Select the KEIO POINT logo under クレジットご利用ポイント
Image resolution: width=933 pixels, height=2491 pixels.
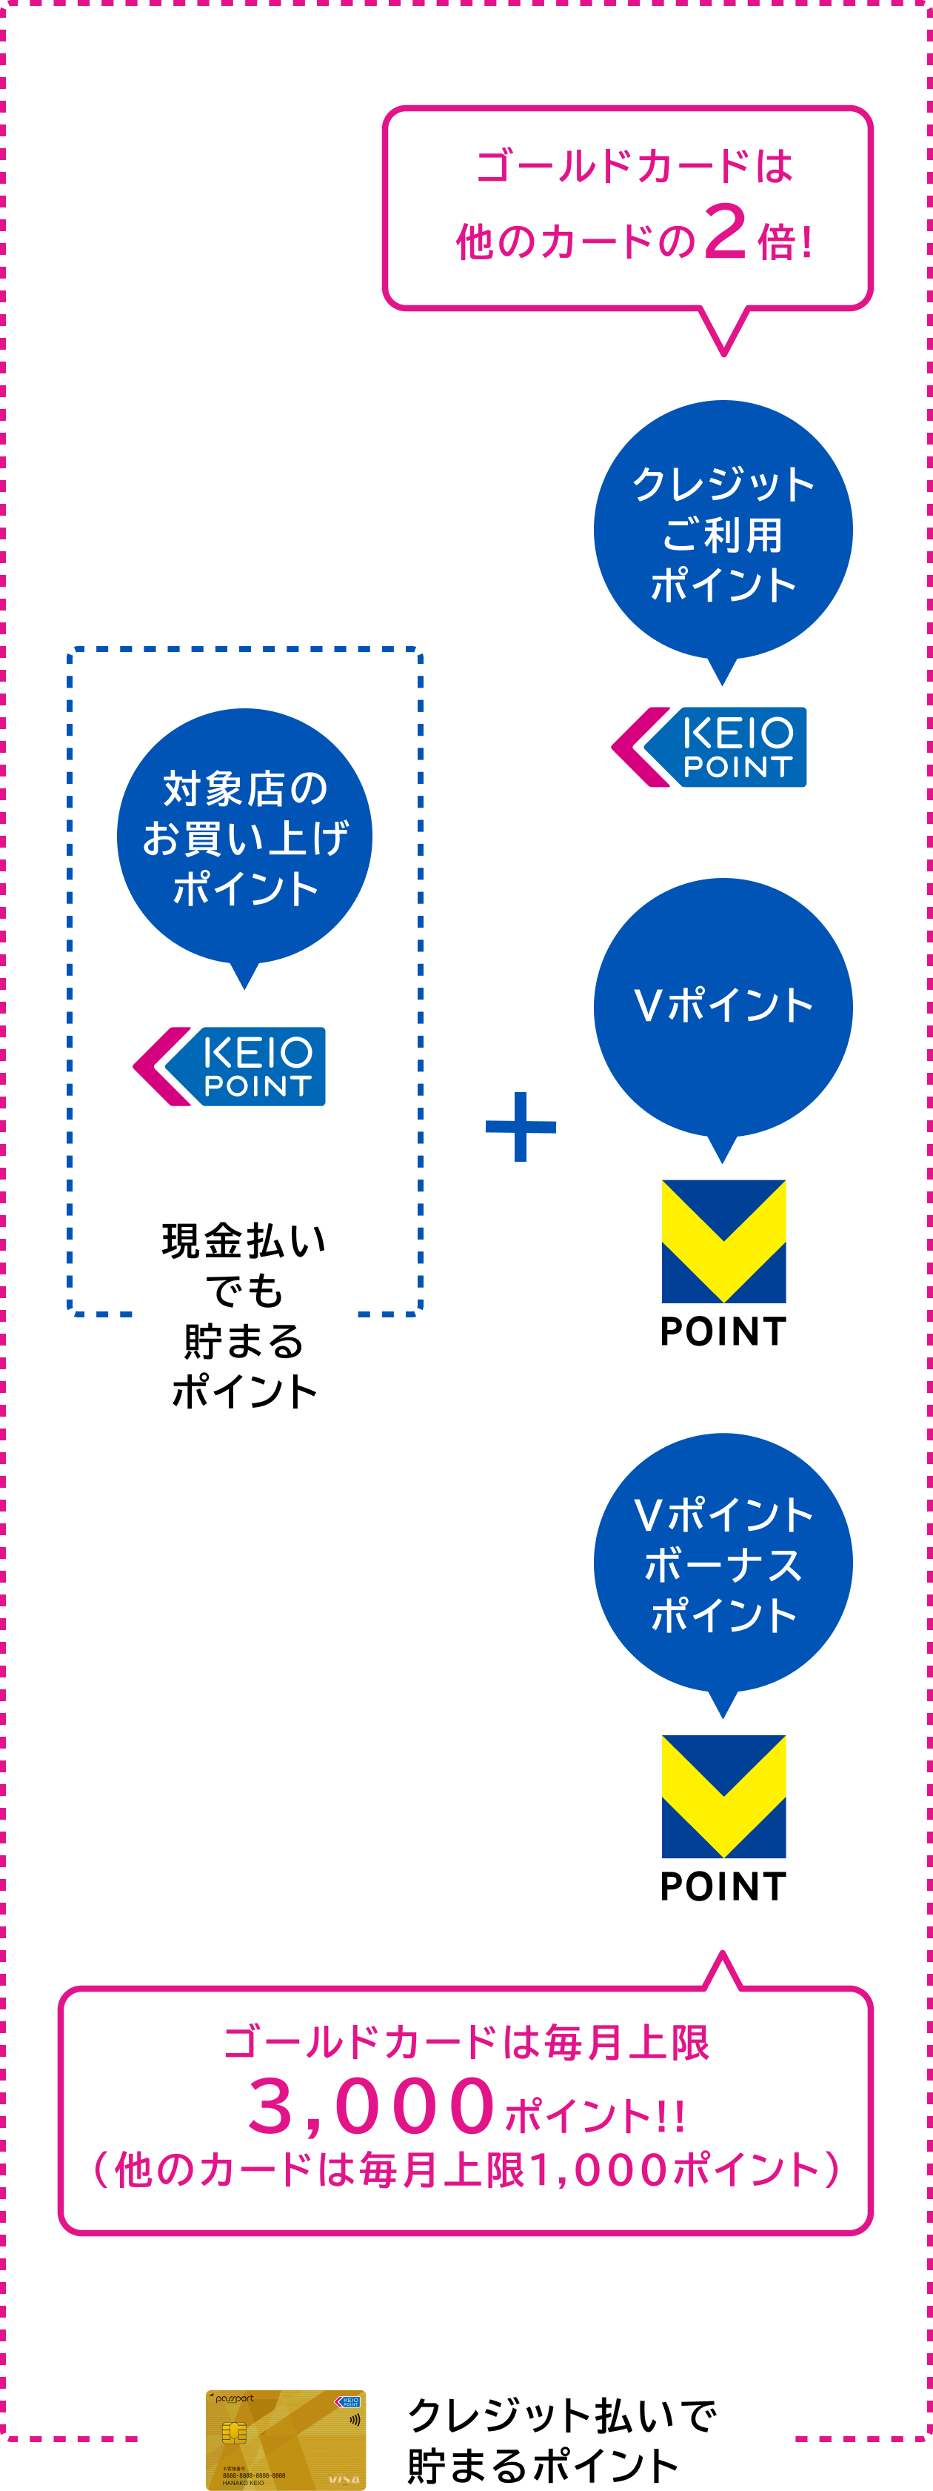[x=709, y=748]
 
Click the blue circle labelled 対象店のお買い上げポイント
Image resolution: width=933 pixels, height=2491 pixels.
[x=244, y=837]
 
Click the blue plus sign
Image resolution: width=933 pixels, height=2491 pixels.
[x=521, y=1126]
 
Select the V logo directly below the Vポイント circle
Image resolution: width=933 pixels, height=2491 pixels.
[x=723, y=1240]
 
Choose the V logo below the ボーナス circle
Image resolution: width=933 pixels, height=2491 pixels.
[x=723, y=1796]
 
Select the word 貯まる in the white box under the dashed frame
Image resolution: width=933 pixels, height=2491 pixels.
[x=244, y=1341]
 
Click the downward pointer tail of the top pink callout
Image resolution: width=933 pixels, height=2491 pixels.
[x=723, y=333]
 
